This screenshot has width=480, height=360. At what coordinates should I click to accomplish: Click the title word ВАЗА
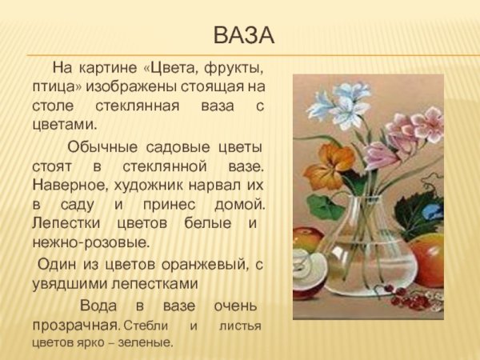click(244, 36)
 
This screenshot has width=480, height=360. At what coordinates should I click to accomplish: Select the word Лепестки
click(66, 223)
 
